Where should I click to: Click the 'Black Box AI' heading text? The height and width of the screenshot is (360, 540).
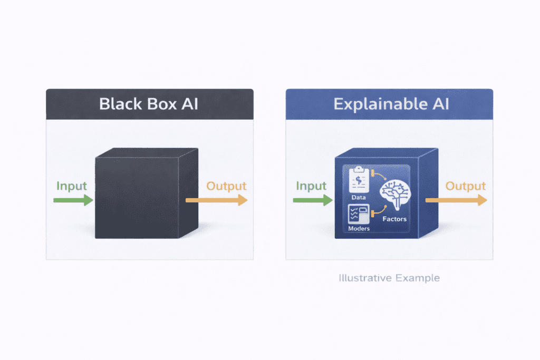point(149,103)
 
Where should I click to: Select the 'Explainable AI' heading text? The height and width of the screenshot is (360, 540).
point(391,103)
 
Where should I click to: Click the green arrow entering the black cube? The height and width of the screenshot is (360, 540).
point(73,200)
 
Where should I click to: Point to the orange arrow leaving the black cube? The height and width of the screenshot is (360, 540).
point(217,200)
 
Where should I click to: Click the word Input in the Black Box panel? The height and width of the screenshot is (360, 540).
point(71,186)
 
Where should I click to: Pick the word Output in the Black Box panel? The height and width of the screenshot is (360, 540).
point(226,186)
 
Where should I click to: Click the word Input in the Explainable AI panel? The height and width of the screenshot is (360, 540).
point(311,186)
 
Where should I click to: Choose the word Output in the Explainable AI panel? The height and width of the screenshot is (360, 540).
point(466,186)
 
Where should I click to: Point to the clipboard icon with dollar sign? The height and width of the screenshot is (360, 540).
point(359,180)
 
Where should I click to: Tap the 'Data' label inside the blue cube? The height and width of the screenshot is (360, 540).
point(359,197)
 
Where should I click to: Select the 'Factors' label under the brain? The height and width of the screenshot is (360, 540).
point(396,218)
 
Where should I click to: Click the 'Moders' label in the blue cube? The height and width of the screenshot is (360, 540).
point(359,229)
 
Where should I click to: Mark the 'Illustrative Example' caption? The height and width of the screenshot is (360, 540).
point(389,277)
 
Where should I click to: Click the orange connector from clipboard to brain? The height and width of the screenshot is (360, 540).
point(378,176)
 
